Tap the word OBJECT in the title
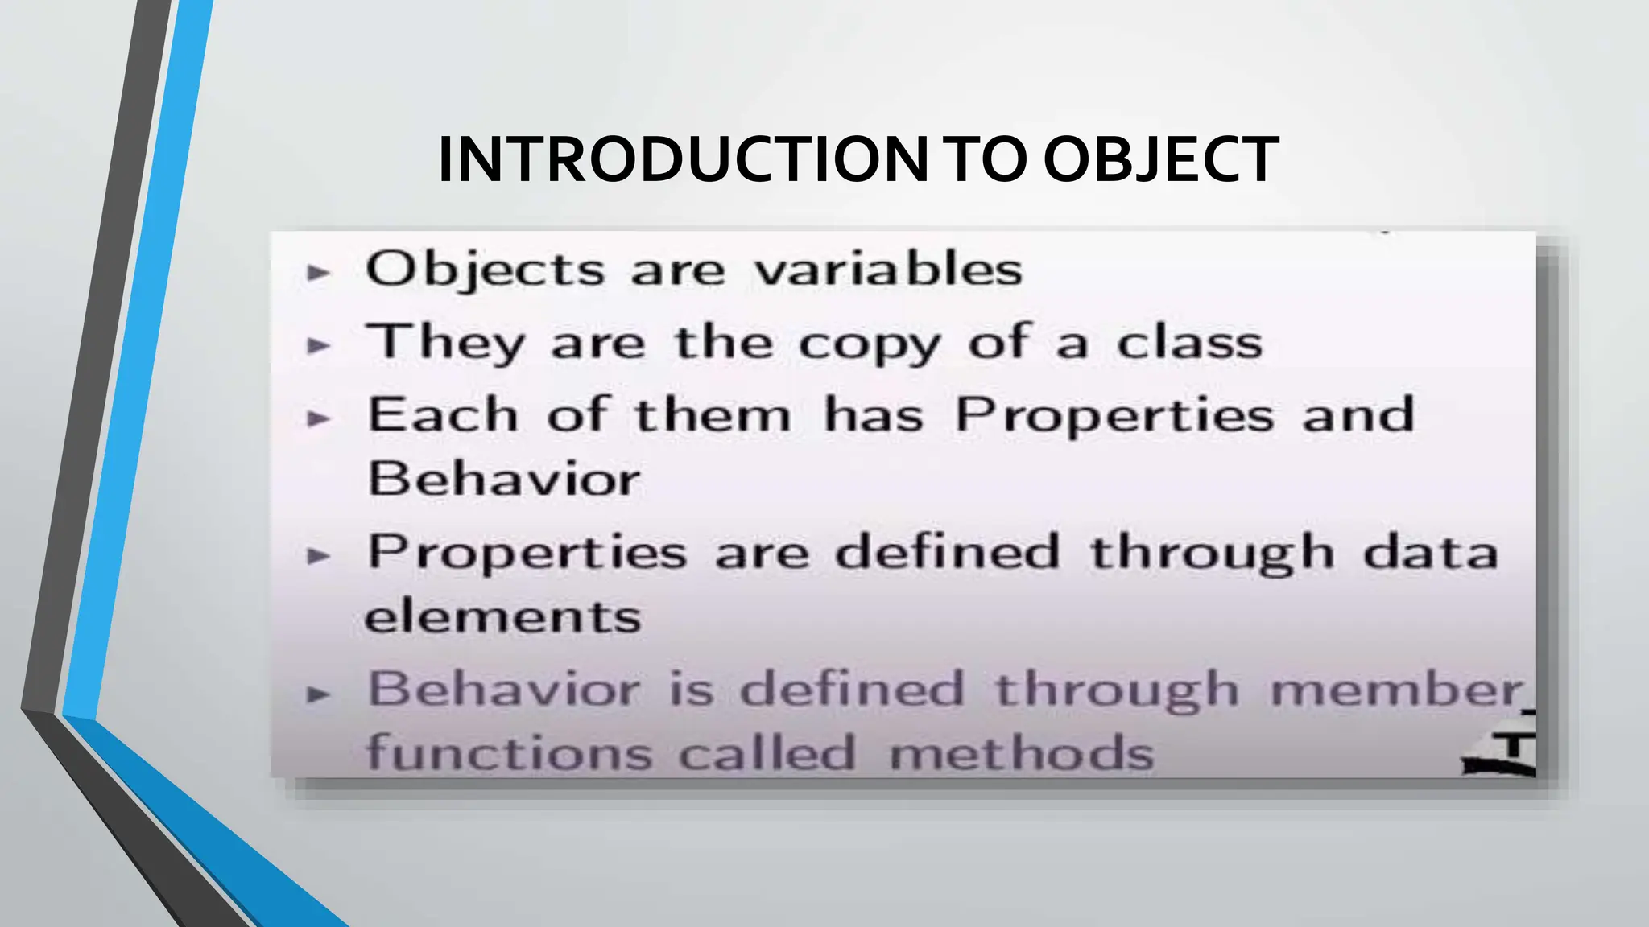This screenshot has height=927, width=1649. point(1160,159)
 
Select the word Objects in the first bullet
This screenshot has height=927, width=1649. point(484,269)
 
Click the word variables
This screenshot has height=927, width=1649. point(888,269)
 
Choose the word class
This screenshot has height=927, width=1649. point(1188,343)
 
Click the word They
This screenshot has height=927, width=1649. point(445,343)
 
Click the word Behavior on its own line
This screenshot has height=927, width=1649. point(503,479)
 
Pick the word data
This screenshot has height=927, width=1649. point(1430,554)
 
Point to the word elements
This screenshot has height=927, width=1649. point(502,618)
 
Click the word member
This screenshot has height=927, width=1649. point(1396,690)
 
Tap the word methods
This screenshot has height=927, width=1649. point(1021,755)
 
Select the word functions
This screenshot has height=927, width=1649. point(508,753)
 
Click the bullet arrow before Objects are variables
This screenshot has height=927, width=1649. point(319,273)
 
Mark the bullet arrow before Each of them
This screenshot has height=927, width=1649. point(319,418)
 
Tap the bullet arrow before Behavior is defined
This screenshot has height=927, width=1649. point(319,694)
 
